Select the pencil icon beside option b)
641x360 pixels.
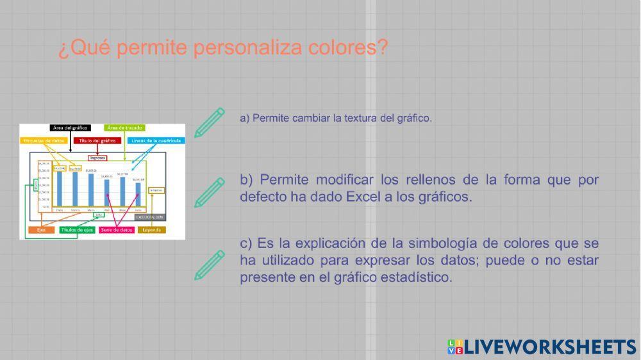point(210,192)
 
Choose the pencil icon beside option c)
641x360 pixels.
point(210,266)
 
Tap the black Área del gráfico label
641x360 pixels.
point(71,128)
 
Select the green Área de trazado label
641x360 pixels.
point(125,128)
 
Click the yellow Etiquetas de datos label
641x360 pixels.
point(44,140)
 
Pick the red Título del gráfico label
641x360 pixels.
point(97,140)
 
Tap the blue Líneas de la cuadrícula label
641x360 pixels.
point(156,140)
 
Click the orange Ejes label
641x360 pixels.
point(41,230)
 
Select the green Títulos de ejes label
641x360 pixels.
point(78,230)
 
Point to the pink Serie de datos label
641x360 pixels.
point(117,230)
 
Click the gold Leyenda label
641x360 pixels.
point(152,230)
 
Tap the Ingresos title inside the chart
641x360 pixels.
point(97,158)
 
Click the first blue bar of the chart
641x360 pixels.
point(60,188)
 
